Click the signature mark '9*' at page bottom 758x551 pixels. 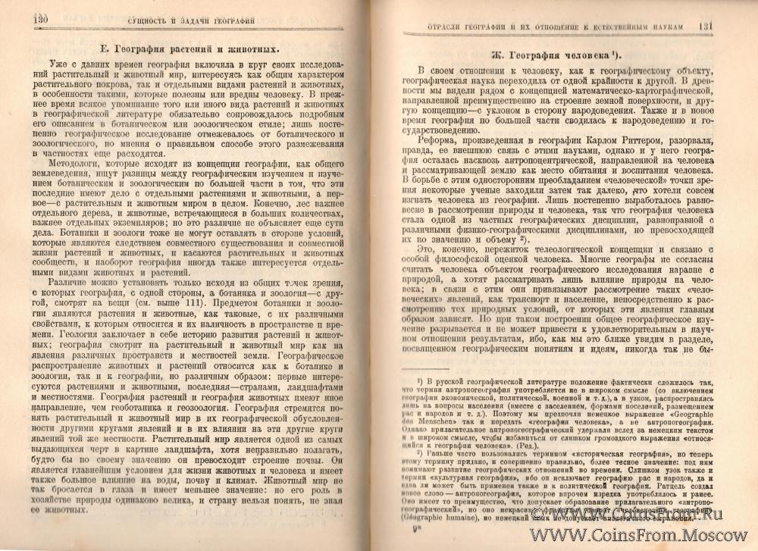pos(429,540)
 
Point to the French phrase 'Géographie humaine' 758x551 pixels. pos(443,532)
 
